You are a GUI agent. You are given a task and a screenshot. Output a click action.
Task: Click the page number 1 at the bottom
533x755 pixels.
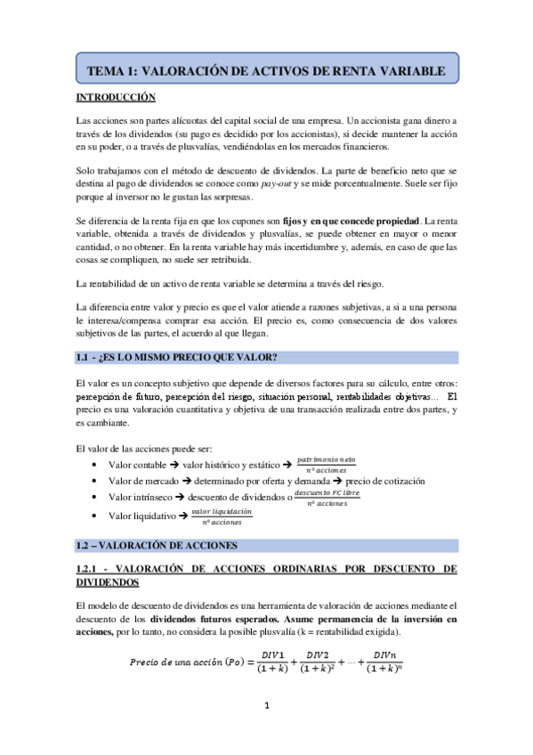265,707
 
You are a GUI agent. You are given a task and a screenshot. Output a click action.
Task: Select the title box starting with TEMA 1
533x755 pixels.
265,67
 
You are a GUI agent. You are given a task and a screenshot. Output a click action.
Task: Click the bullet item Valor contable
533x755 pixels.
137,465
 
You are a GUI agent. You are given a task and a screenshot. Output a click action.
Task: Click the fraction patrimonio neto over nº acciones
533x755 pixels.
327,463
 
